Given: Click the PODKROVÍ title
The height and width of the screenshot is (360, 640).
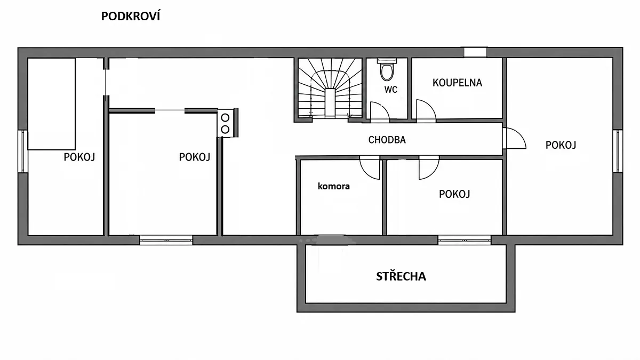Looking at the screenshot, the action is pyautogui.click(x=131, y=17).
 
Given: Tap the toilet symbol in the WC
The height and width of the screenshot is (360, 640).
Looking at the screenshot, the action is pyautogui.click(x=387, y=69).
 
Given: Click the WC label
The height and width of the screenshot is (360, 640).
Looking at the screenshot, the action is pyautogui.click(x=390, y=90).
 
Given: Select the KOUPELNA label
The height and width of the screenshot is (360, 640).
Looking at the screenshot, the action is pyautogui.click(x=457, y=83).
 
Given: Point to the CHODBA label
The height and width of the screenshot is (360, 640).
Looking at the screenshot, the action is pyautogui.click(x=387, y=140).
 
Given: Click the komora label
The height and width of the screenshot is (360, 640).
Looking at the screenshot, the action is pyautogui.click(x=334, y=186).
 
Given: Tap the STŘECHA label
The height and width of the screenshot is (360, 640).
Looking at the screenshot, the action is pyautogui.click(x=401, y=276).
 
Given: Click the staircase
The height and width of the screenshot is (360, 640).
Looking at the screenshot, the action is pyautogui.click(x=330, y=88).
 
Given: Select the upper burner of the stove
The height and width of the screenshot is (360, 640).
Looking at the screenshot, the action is pyautogui.click(x=225, y=117).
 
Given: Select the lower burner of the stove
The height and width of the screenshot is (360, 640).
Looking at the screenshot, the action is pyautogui.click(x=225, y=130).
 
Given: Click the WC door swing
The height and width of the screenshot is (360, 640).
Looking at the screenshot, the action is pyautogui.click(x=380, y=112).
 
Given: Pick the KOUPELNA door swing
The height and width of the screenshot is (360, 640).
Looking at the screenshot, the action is pyautogui.click(x=426, y=111).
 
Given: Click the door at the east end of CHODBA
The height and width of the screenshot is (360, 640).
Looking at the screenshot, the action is pyautogui.click(x=514, y=138).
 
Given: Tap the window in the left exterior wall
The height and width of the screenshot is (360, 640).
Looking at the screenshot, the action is pyautogui.click(x=23, y=151).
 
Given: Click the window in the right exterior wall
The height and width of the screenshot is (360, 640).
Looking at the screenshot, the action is pyautogui.click(x=618, y=151).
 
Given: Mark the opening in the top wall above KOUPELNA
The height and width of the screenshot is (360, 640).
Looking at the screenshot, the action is pyautogui.click(x=475, y=52).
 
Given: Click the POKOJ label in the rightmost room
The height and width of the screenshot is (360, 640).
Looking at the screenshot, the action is pyautogui.click(x=561, y=145).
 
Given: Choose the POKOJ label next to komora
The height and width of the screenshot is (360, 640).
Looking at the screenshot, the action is pyautogui.click(x=454, y=194).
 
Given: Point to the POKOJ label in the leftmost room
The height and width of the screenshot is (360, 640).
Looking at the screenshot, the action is pyautogui.click(x=79, y=157).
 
